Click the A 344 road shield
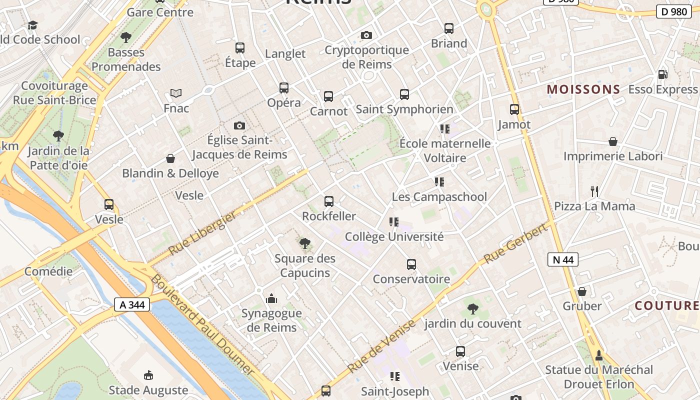pos(132,304)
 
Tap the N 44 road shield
pos(563,259)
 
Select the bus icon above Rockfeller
pos(328,201)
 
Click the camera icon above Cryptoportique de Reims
pos(366,35)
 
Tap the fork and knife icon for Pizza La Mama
pos(594,191)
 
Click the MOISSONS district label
pos(583,89)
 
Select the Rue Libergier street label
pos(202,233)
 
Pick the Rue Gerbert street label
pos(516,243)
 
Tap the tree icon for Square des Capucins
pos(304,243)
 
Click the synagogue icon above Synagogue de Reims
pos(271,298)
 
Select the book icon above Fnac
pos(175,93)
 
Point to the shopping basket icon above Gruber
pos(582,291)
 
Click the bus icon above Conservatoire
pos(411,264)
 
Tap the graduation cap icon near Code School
pos(32,25)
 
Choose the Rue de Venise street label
pos(381,346)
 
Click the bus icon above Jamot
pos(514,109)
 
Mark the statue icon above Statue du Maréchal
pos(598,355)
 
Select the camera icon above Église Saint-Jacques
pos(239,125)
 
